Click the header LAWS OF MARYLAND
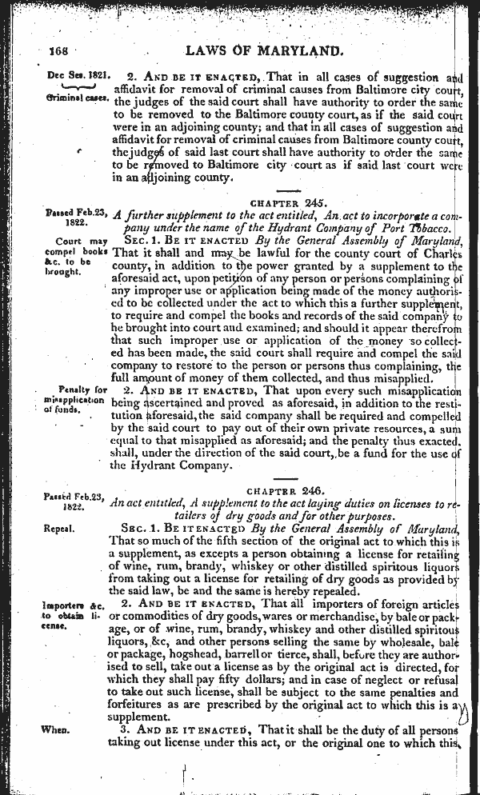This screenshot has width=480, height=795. click(263, 50)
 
